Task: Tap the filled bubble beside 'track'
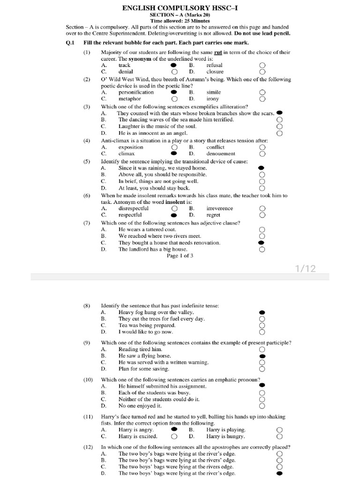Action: pyautogui.click(x=174, y=65)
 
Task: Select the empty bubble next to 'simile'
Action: pyautogui.click(x=262, y=92)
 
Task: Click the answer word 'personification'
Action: pyautogui.click(x=136, y=92)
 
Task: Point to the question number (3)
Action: pyautogui.click(x=87, y=106)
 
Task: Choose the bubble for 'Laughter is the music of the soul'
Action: pyautogui.click(x=280, y=127)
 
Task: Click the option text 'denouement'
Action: pyautogui.click(x=221, y=153)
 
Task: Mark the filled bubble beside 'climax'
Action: pyautogui.click(x=174, y=153)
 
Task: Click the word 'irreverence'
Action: pyautogui.click(x=219, y=208)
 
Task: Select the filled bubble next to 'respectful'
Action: pyautogui.click(x=174, y=215)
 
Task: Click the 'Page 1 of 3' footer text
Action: pyautogui.click(x=180, y=256)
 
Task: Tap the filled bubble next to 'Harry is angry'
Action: pyautogui.click(x=174, y=429)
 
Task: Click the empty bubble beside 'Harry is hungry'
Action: pyautogui.click(x=280, y=436)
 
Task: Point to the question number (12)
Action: pyautogui.click(x=88, y=447)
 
